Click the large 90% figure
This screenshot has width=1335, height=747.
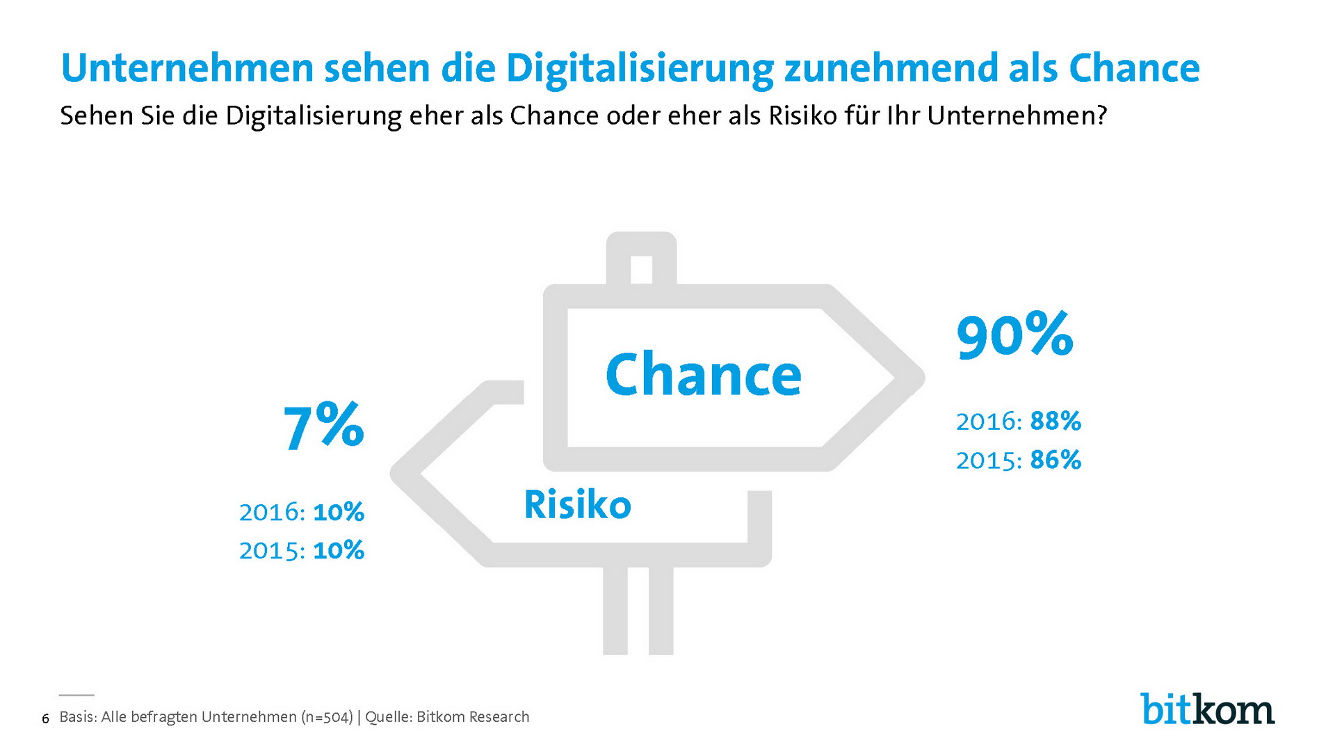[1014, 336]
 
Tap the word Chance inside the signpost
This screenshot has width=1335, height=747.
[703, 375]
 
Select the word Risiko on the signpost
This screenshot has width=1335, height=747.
[577, 504]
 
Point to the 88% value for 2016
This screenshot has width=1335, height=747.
[1055, 421]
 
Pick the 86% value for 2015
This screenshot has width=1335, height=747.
[1055, 460]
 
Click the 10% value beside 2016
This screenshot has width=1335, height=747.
[339, 512]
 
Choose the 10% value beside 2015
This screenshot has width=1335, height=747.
[339, 550]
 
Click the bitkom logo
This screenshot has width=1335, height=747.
[1207, 709]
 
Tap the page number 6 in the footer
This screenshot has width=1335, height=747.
[46, 718]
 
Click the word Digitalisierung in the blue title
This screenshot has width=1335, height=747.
[640, 69]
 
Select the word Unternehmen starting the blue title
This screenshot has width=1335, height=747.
[187, 69]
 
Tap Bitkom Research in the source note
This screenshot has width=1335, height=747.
[473, 717]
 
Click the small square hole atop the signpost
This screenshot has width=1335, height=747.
[641, 269]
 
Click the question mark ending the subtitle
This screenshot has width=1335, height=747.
[1101, 115]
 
